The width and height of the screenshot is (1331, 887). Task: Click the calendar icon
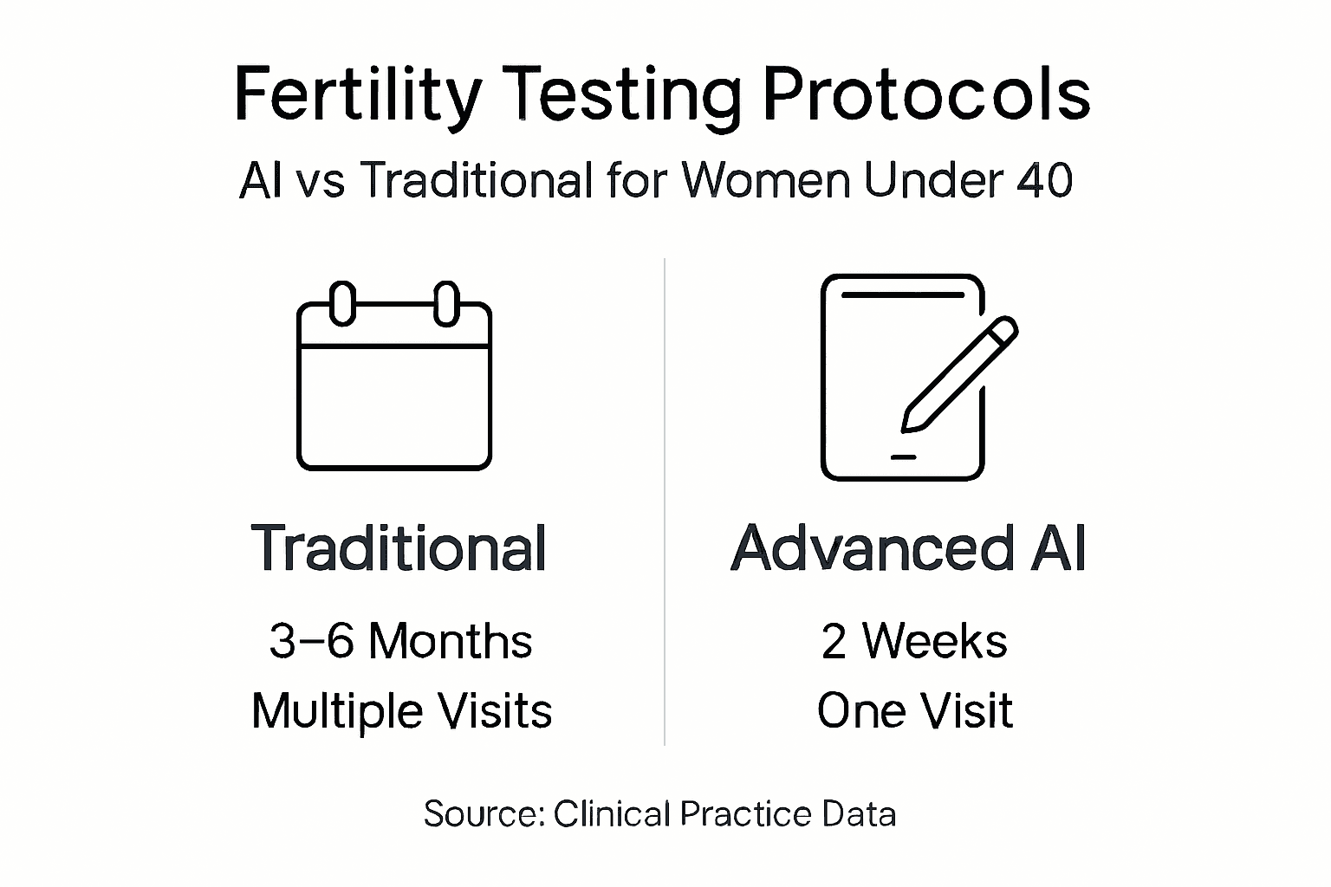(x=394, y=381)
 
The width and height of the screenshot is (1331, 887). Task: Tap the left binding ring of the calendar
(x=343, y=303)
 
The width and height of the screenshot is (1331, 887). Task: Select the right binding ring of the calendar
(x=446, y=303)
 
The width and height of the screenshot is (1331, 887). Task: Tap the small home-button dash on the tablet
(x=903, y=456)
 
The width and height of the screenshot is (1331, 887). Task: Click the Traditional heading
(x=399, y=548)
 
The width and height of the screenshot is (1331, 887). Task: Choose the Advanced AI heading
(x=908, y=548)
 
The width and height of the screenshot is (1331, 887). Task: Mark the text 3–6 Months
(x=400, y=642)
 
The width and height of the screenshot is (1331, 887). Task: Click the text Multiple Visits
(x=401, y=712)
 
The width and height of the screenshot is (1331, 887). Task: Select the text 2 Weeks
(x=914, y=642)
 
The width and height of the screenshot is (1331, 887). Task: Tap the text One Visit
(x=914, y=712)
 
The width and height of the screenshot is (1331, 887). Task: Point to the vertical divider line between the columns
(x=665, y=502)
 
